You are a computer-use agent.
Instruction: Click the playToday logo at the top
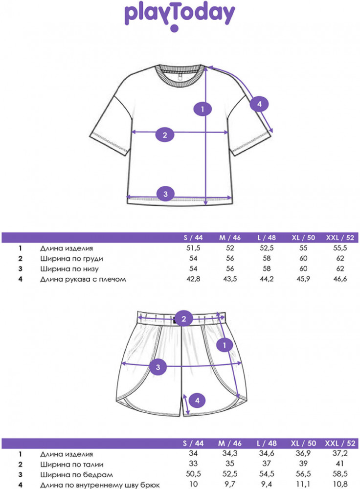180,17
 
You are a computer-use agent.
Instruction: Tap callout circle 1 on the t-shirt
202,109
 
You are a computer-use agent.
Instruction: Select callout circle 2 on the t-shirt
165,135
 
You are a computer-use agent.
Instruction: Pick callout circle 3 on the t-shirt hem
166,194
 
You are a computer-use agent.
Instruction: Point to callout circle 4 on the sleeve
259,104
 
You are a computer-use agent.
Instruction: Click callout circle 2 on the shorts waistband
183,318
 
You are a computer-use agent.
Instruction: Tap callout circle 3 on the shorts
158,367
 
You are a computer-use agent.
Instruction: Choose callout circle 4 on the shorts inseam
197,400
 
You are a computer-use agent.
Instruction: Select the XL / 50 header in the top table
303,238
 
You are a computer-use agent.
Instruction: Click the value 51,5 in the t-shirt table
193,248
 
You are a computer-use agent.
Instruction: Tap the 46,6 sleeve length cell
340,279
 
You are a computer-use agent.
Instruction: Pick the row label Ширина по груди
71,259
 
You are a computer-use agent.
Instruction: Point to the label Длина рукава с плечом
83,279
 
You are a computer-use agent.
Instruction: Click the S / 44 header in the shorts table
193,443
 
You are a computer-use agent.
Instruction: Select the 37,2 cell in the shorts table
340,453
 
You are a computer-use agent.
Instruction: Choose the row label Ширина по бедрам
76,475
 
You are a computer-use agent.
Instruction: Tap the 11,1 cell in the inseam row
303,484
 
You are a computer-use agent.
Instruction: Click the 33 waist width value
193,464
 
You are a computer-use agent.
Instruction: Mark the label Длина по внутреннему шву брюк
100,485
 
